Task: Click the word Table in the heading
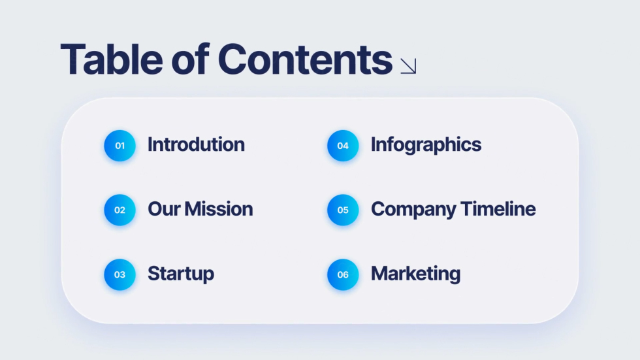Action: [112, 59]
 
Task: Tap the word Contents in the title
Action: [306, 59]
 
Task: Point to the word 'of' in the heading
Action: [190, 59]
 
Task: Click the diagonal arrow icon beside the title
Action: [408, 66]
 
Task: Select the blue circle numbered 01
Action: [120, 146]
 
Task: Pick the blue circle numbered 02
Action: [120, 210]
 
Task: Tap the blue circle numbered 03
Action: [120, 274]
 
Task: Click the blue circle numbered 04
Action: [343, 146]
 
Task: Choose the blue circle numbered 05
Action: [343, 210]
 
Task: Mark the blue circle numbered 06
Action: [343, 274]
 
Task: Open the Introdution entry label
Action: [197, 144]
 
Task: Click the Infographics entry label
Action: [426, 145]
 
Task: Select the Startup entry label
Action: [181, 274]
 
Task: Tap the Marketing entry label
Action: [415, 274]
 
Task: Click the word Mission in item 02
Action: [218, 209]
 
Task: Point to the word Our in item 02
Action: [164, 209]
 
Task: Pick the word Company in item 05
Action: [413, 210]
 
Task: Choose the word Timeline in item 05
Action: [498, 209]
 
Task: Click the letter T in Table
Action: [72, 59]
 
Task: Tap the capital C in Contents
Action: [232, 59]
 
